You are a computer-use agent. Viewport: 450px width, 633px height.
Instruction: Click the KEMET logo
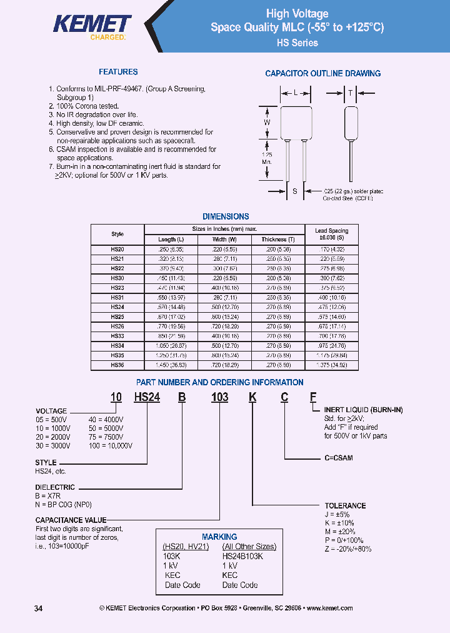(x=92, y=26)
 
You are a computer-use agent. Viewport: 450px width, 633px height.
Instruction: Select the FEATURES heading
(x=118, y=72)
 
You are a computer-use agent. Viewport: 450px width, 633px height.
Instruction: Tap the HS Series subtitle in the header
(x=297, y=43)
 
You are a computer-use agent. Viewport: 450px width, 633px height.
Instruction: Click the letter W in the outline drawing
(x=267, y=123)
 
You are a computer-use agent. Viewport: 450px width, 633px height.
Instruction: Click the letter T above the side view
(x=351, y=93)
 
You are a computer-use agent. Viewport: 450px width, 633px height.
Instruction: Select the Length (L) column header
(x=171, y=240)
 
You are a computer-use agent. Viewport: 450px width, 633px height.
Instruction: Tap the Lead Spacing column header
(x=332, y=234)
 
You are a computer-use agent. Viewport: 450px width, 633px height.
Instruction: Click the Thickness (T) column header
(x=278, y=240)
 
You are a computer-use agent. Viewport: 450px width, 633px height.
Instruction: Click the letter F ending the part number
(x=313, y=397)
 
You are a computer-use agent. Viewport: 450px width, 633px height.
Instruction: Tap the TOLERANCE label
(x=345, y=505)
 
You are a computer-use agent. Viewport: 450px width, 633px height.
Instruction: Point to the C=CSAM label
(x=338, y=458)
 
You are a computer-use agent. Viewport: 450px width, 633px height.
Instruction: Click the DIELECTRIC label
(x=55, y=487)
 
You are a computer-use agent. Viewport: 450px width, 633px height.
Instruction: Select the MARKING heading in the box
(x=219, y=537)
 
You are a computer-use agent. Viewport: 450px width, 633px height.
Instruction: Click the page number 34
(x=38, y=609)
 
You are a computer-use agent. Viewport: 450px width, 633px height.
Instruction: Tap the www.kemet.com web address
(x=329, y=609)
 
